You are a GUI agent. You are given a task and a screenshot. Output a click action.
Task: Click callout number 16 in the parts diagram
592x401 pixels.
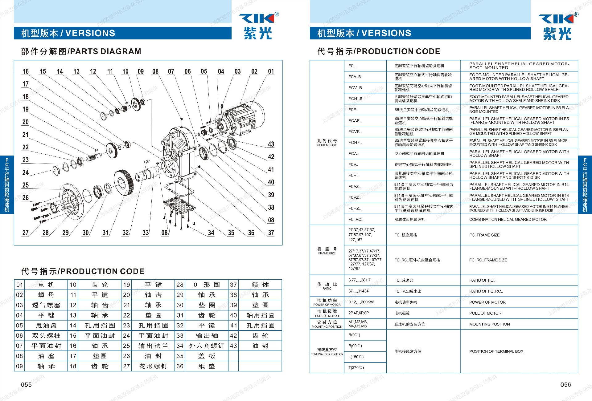coord(26,71)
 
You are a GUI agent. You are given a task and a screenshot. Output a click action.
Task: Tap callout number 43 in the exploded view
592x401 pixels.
coord(271,144)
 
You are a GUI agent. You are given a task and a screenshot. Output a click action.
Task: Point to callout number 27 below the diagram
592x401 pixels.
coord(26,233)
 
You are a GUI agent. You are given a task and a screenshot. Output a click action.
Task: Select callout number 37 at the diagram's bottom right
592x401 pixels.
coord(271,233)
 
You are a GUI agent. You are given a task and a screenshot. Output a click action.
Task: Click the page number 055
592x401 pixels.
coord(26,385)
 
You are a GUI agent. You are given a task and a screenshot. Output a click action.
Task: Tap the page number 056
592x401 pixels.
coord(565,385)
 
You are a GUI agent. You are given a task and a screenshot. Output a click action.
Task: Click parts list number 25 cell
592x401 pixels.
coord(126,346)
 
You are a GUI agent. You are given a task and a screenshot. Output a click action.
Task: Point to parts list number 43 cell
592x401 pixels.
coord(233,346)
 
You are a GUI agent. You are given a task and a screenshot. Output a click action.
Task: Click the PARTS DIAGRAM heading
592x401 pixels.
coord(81,51)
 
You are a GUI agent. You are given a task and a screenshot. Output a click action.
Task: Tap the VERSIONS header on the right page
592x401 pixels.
coord(364,33)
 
